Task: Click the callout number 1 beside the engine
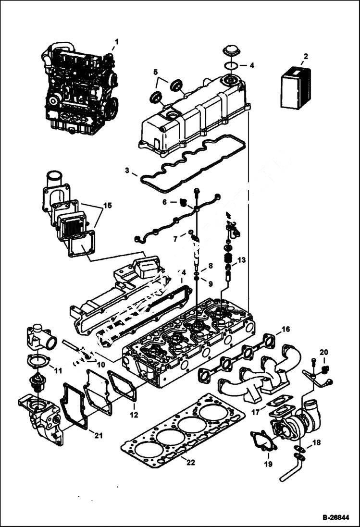coord(116,42)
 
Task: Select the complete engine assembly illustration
coord(79,89)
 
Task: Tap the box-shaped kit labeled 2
coord(295,88)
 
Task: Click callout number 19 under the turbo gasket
coord(268,464)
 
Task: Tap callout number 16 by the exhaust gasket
coord(286,330)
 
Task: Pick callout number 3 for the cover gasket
coord(127,170)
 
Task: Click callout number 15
coord(107,206)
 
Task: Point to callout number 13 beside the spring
coord(241,260)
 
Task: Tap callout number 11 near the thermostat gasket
coord(58,370)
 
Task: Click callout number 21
coord(99,436)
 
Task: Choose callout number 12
coord(134,414)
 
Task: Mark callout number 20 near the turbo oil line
coord(323,352)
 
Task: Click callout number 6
coord(164,202)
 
